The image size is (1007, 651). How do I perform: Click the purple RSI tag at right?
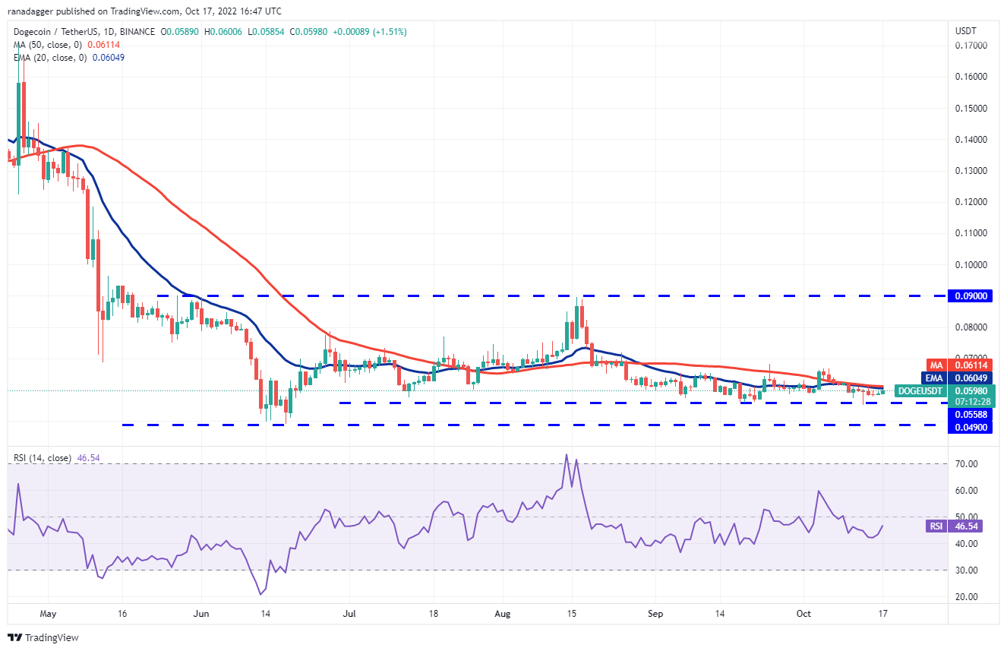click(x=940, y=526)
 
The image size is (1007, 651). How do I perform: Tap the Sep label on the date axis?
click(x=655, y=612)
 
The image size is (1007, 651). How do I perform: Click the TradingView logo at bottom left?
click(x=43, y=637)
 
